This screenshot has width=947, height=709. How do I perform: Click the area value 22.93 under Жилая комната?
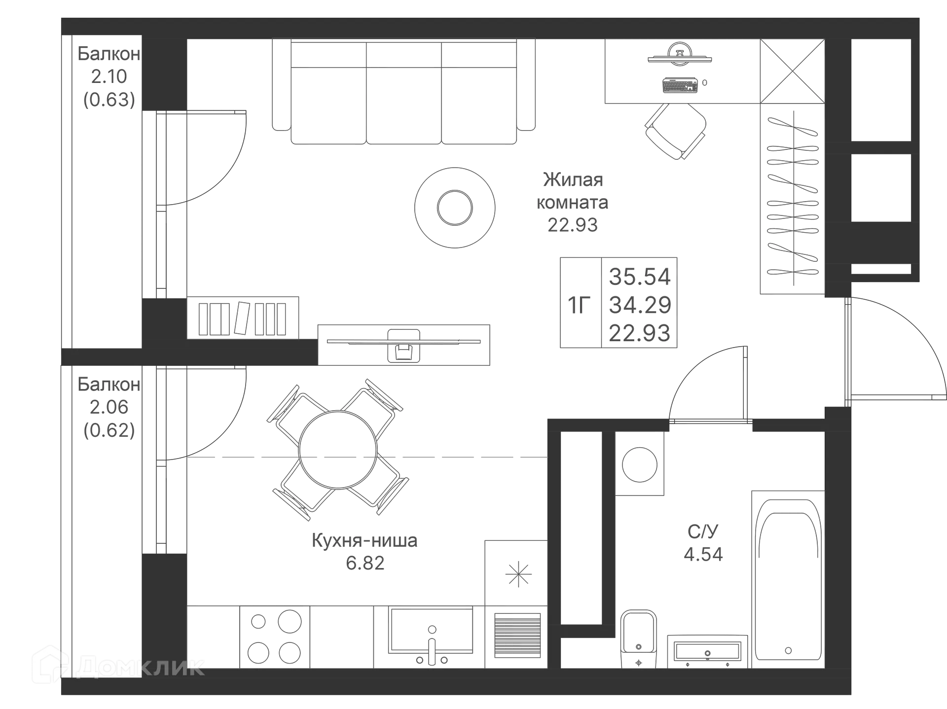[572, 224]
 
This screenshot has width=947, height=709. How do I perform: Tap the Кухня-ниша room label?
[364, 541]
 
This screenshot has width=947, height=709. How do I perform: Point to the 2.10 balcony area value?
[109, 77]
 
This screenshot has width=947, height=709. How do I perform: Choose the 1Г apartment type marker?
[579, 304]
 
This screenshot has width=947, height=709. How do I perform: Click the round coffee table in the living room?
[454, 208]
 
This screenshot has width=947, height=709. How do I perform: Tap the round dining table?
[338, 449]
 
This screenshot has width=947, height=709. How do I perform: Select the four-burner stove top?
[274, 636]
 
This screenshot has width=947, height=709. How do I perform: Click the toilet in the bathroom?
[639, 636]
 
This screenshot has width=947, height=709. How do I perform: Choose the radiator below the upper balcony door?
[244, 317]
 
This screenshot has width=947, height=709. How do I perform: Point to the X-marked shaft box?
[791, 72]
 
